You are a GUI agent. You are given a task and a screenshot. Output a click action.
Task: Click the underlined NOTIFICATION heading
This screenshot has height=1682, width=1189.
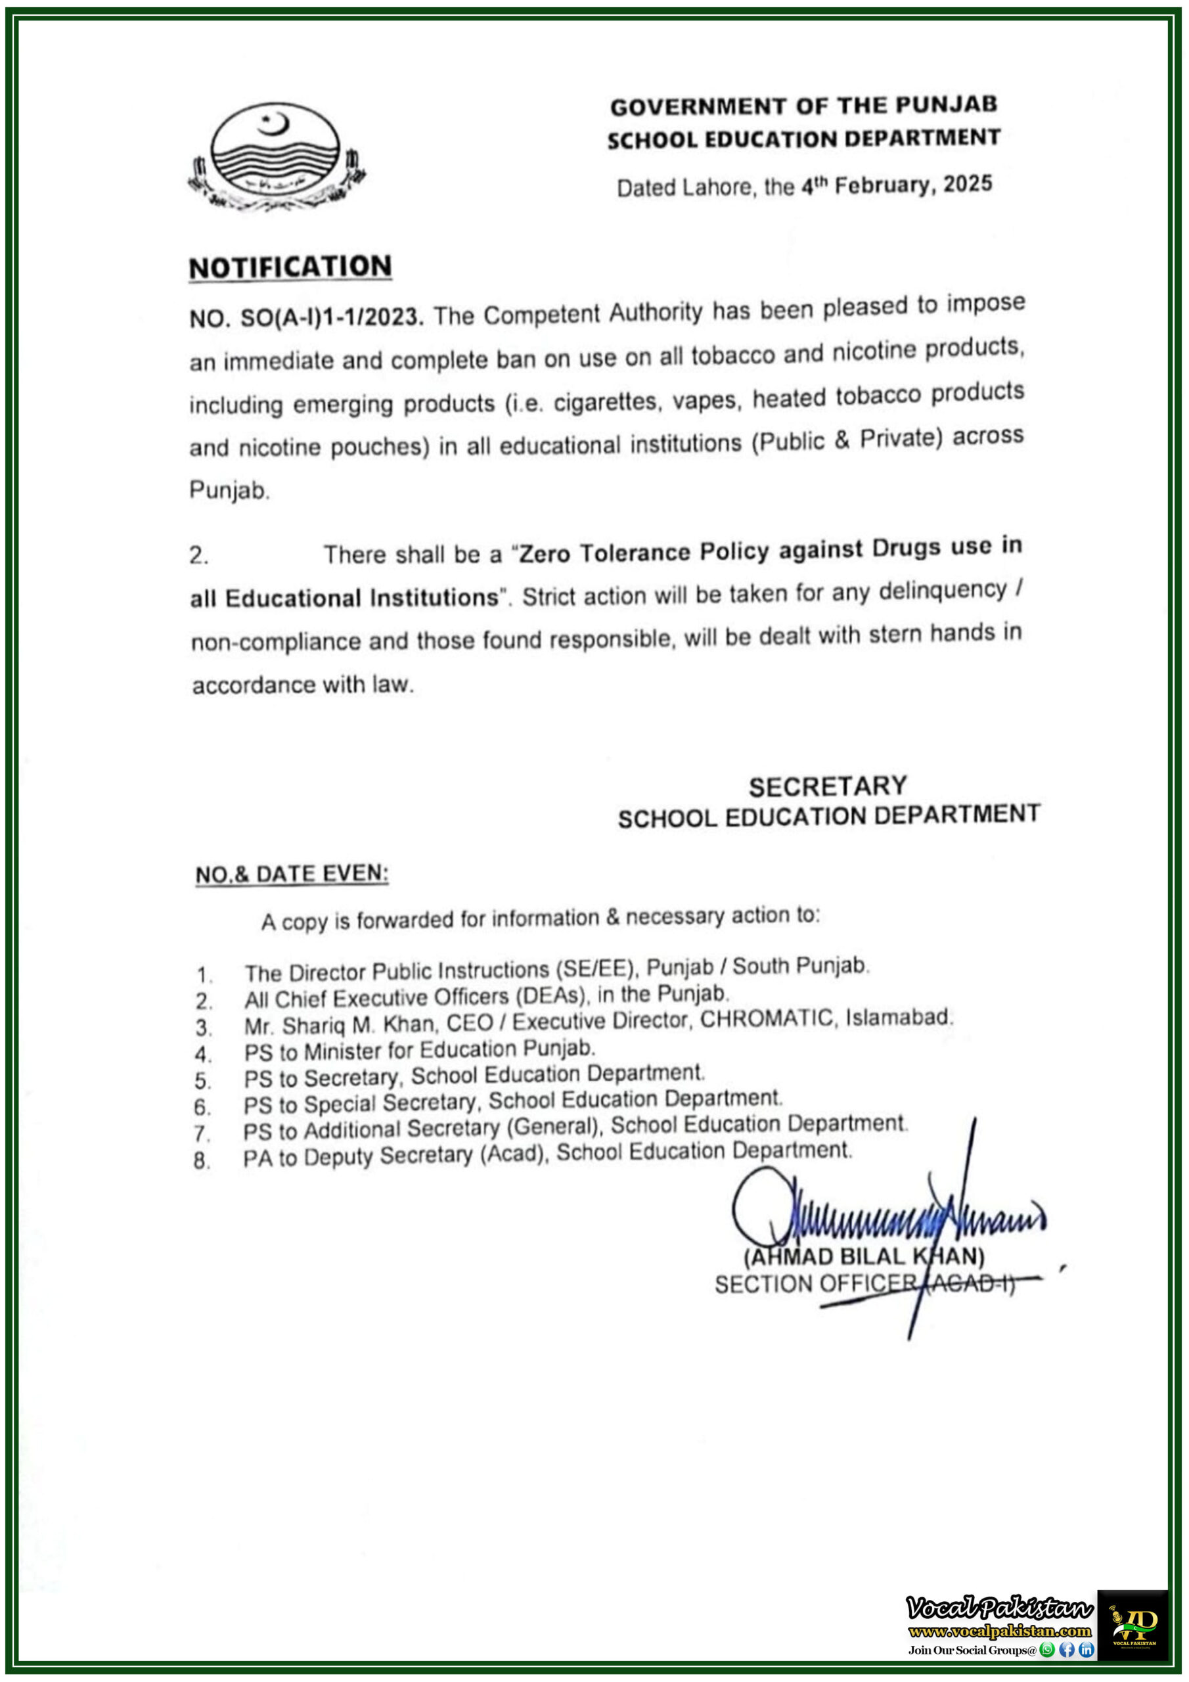tap(290, 267)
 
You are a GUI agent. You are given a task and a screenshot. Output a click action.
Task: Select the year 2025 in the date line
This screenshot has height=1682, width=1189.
tap(967, 183)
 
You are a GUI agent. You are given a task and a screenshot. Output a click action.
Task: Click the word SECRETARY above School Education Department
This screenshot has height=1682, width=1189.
tap(827, 786)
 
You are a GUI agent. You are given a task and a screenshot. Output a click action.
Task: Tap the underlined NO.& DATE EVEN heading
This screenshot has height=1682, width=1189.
tap(292, 873)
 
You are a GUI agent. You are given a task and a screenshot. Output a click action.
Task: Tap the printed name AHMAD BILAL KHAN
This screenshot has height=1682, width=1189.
tap(864, 1256)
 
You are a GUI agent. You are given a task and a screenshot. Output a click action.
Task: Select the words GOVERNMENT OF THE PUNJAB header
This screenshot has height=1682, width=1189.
tap(803, 106)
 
